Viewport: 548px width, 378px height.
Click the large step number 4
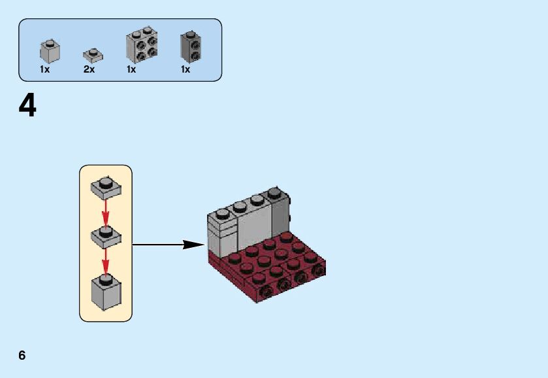click(27, 105)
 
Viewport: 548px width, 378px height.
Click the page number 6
click(22, 355)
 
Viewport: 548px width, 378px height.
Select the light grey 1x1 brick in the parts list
click(50, 51)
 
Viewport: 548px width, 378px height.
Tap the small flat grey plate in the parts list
click(91, 54)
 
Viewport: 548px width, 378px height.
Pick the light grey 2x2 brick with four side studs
click(142, 45)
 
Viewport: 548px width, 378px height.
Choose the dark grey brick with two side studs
click(190, 46)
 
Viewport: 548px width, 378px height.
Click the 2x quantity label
click(89, 69)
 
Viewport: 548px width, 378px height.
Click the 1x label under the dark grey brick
click(185, 69)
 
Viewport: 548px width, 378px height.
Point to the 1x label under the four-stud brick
click(131, 69)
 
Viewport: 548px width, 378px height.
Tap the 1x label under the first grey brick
click(44, 69)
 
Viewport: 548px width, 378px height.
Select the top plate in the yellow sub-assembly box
click(105, 188)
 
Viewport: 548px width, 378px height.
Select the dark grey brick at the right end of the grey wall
click(280, 213)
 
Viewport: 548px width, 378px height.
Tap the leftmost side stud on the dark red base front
click(267, 291)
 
